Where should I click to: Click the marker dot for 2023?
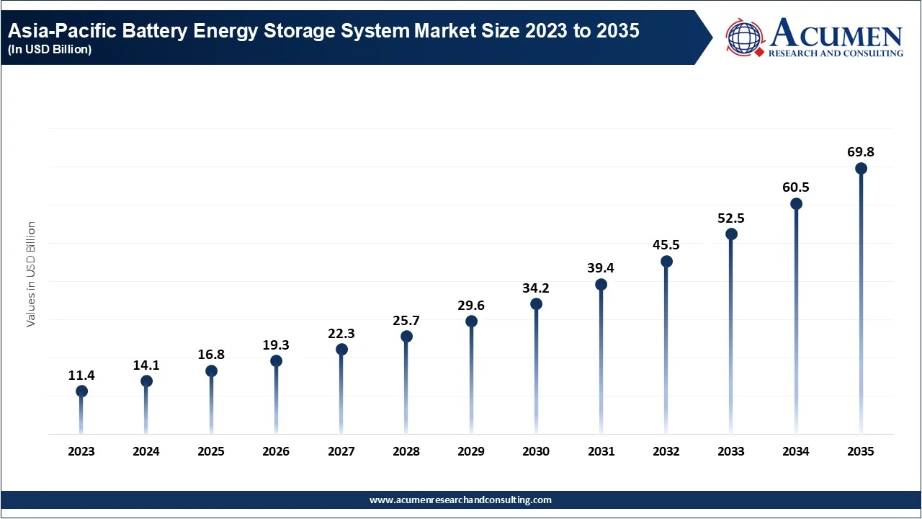point(81,391)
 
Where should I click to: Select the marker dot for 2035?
point(861,169)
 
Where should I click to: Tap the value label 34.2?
point(536,288)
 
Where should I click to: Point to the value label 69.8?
point(861,152)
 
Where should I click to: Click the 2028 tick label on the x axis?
point(406,452)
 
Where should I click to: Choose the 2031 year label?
point(601,452)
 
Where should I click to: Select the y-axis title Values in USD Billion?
point(31,274)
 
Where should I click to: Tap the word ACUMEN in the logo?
point(836,34)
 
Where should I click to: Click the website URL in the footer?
point(460,500)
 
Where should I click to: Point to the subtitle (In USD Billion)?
point(50,50)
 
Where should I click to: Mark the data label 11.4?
point(81,376)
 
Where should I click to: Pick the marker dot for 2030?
point(536,304)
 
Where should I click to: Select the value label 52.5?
point(731,218)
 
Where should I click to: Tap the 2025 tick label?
point(211,452)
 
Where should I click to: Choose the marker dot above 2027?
point(341,350)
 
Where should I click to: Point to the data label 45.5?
point(666,245)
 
